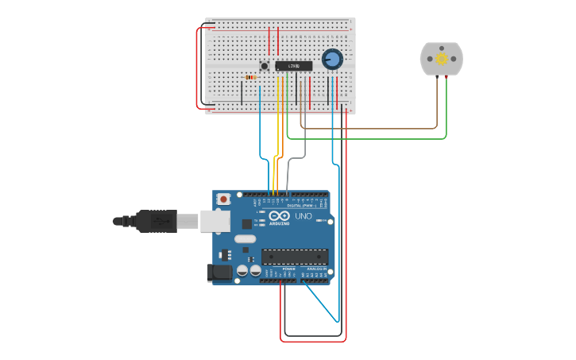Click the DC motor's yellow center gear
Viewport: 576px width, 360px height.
click(442, 59)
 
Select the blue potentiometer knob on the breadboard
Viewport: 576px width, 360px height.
click(332, 59)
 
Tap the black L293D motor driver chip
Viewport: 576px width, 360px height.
click(294, 66)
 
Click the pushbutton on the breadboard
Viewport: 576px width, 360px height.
click(265, 66)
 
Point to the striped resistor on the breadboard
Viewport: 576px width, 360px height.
click(250, 77)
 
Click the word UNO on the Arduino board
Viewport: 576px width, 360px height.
click(303, 216)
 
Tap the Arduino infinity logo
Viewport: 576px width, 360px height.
click(280, 215)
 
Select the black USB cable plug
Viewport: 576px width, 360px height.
click(156, 221)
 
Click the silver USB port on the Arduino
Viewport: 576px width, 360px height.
click(215, 221)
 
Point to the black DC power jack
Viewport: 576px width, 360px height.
click(220, 273)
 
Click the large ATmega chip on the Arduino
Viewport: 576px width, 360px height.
click(295, 257)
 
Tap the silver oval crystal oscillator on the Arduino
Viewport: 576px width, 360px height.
click(245, 238)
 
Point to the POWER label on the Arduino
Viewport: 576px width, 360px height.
click(288, 269)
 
